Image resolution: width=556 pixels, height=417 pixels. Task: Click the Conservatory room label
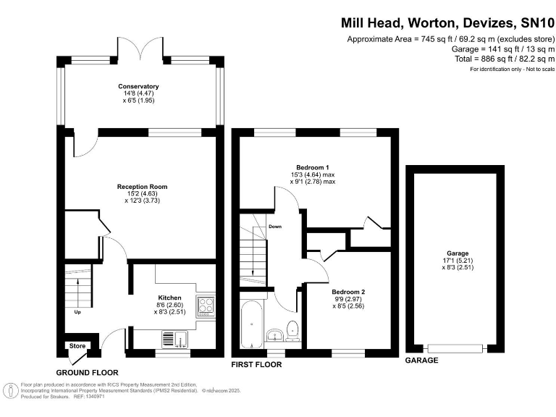(x=138, y=86)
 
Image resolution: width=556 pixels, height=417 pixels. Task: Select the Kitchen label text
(x=169, y=298)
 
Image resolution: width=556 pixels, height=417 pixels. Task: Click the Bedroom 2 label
(x=348, y=292)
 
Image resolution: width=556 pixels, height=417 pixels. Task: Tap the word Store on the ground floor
(x=77, y=346)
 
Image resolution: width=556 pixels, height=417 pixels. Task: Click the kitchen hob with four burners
(x=206, y=306)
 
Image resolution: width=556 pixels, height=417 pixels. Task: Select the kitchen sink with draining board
(x=175, y=340)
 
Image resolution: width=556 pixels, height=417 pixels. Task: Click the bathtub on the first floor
(x=251, y=324)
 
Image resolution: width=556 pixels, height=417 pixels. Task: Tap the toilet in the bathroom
(x=292, y=331)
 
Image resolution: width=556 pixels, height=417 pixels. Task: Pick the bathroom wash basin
(x=274, y=334)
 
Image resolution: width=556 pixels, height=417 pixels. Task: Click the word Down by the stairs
(x=275, y=226)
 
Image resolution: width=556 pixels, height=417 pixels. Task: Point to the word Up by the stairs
(x=77, y=312)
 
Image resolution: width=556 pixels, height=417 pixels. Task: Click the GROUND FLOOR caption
(x=87, y=372)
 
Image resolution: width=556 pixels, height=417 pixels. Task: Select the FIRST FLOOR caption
(x=256, y=365)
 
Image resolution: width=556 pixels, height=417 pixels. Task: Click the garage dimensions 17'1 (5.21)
(x=458, y=261)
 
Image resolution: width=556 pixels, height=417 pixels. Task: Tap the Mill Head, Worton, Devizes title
(x=427, y=22)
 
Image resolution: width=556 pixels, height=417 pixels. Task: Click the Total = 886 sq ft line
(x=505, y=59)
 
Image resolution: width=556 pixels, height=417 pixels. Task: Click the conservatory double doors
(x=140, y=50)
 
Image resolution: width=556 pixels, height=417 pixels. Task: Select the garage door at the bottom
(x=455, y=348)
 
